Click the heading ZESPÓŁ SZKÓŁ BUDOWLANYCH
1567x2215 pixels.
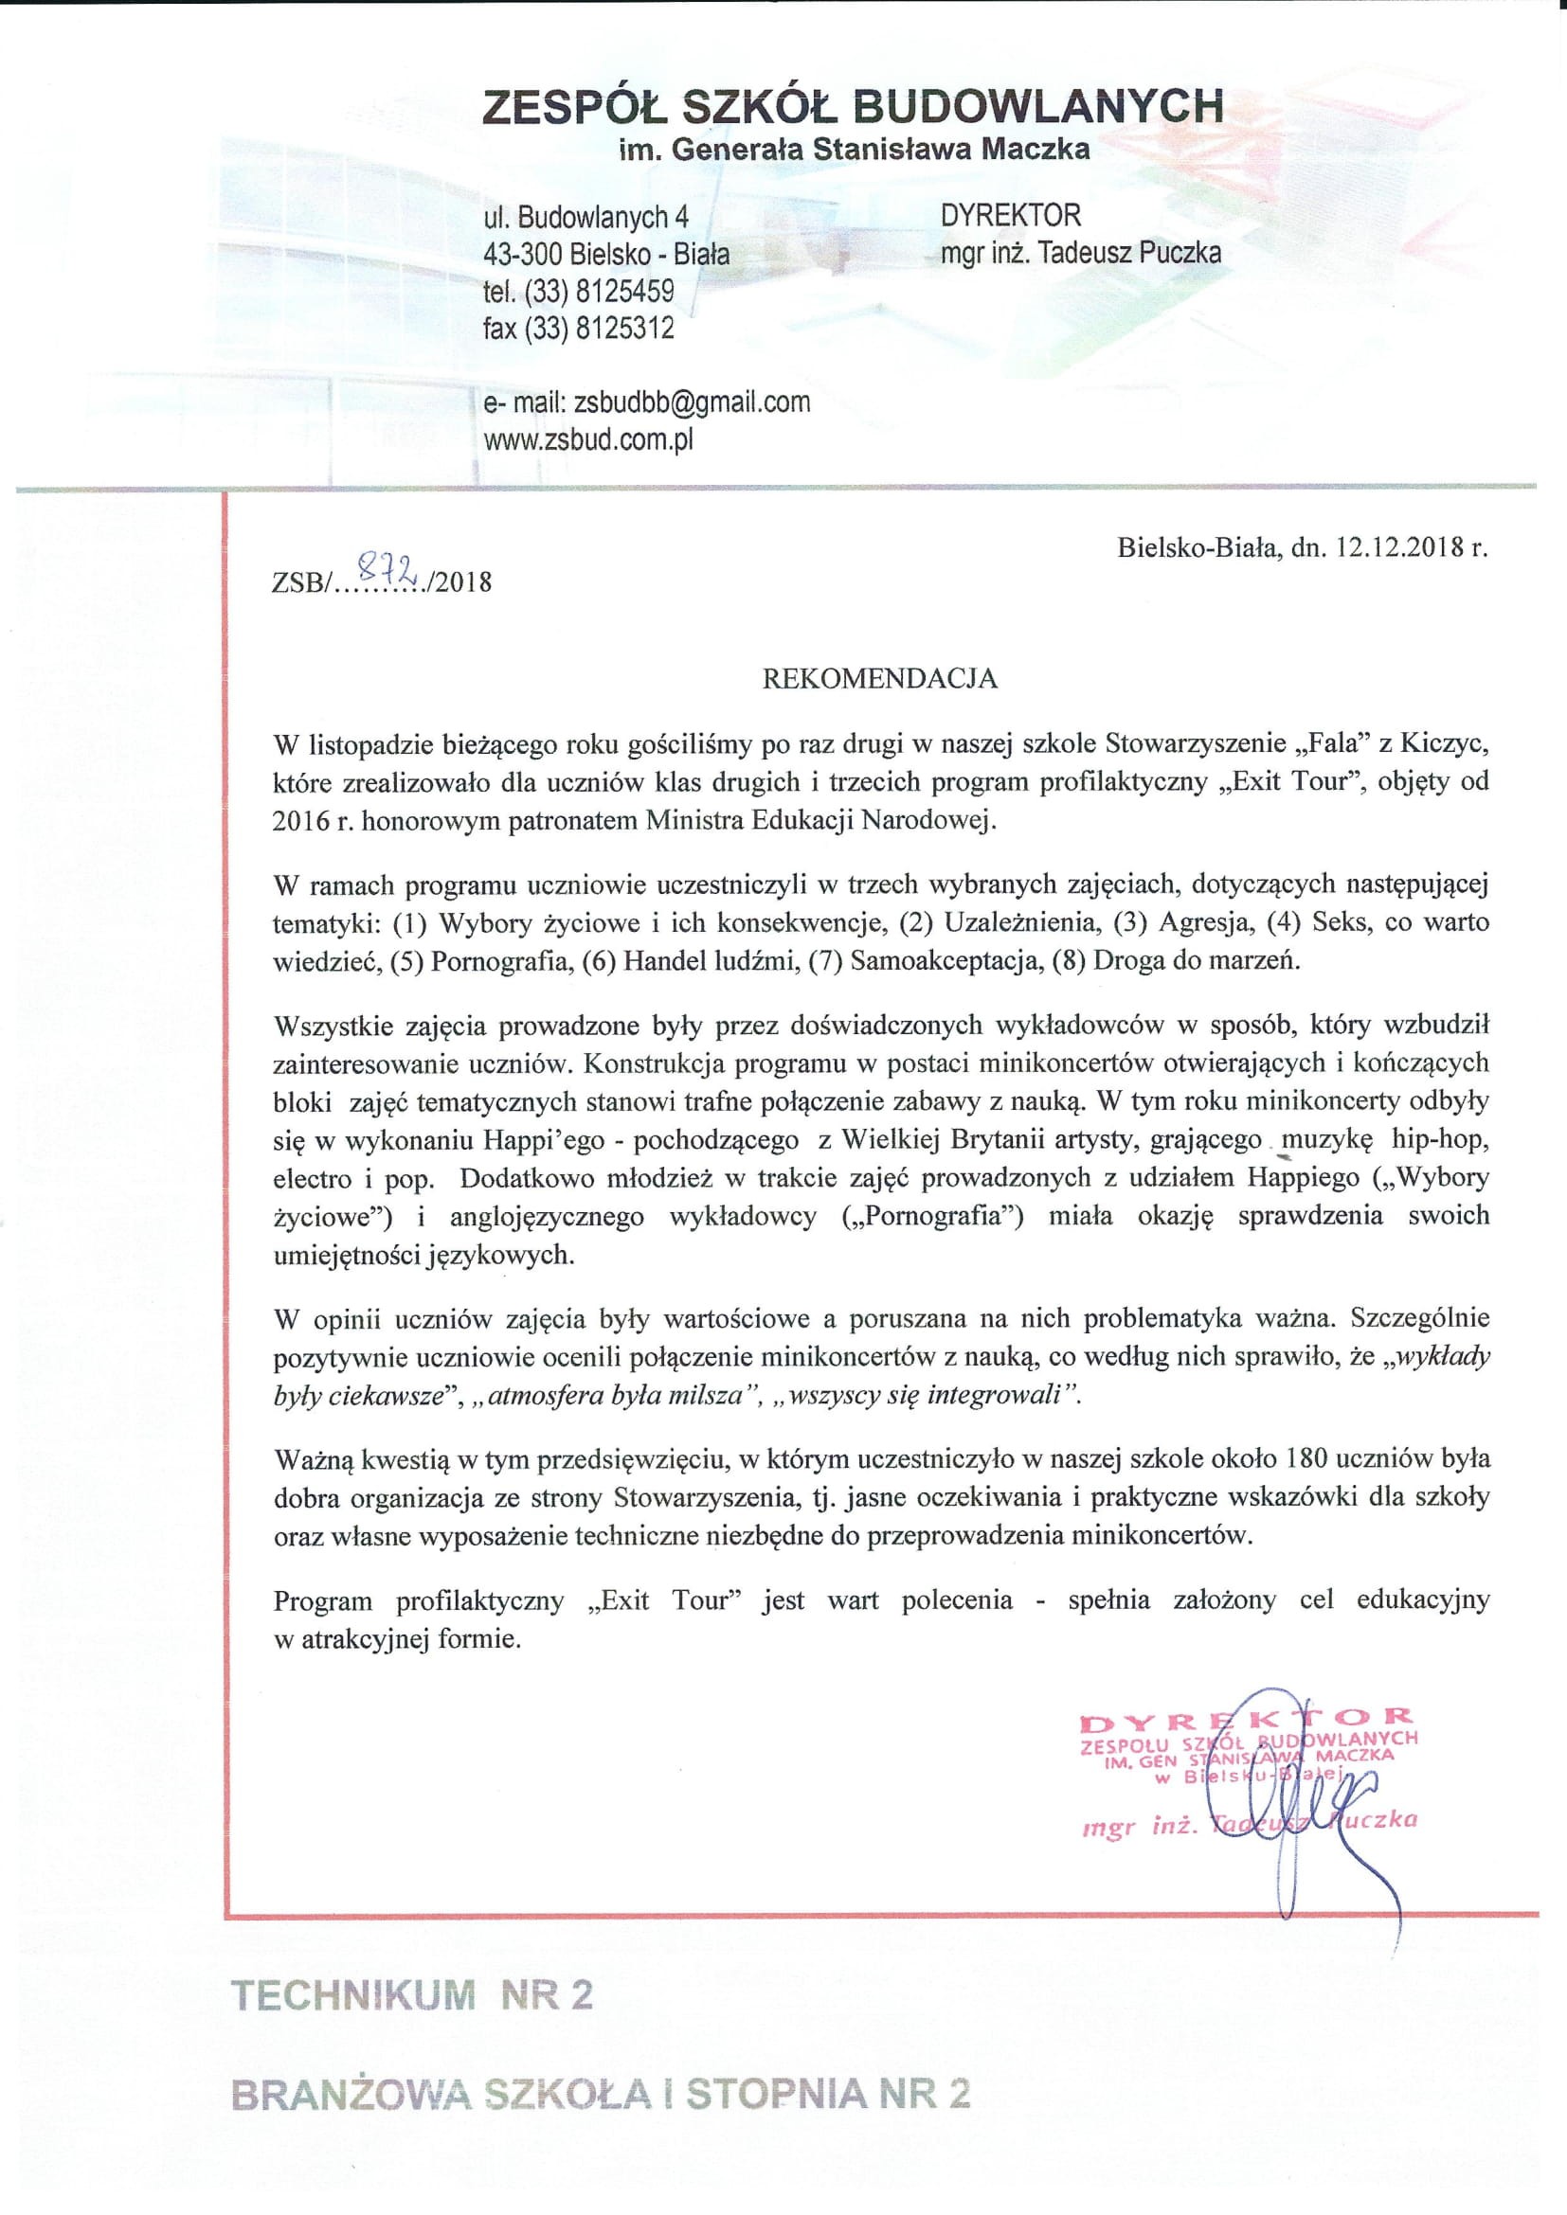coord(853,106)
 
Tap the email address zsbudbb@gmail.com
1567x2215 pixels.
coord(691,402)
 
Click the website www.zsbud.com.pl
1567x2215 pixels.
coord(587,440)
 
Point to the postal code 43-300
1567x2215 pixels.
coord(522,255)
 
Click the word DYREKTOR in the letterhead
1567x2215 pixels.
coord(1010,215)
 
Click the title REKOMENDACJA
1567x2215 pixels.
coord(879,679)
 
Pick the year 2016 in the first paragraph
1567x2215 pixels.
coord(300,821)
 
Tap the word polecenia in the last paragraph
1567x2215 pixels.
coord(956,1600)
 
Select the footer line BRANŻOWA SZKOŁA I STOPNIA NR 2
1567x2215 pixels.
coord(600,2095)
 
